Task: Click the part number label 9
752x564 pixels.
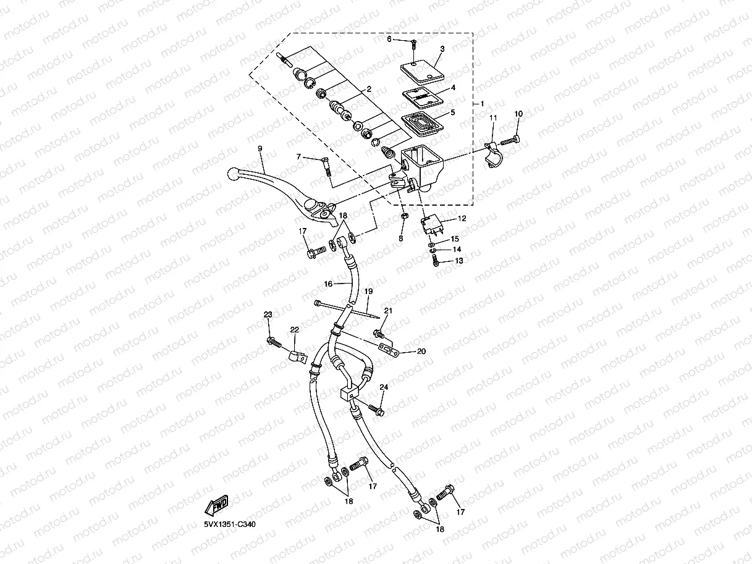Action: (x=260, y=149)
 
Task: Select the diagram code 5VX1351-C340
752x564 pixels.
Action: (x=230, y=524)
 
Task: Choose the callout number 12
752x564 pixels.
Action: (x=462, y=219)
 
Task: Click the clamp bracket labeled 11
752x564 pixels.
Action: (x=495, y=156)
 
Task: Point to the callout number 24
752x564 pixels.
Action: (x=384, y=387)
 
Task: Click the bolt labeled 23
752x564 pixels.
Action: (x=273, y=341)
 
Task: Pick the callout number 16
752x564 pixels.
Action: (x=329, y=284)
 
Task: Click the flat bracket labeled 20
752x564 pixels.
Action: (x=387, y=350)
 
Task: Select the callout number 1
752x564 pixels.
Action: (x=483, y=104)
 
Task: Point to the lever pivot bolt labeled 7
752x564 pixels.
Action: (x=325, y=166)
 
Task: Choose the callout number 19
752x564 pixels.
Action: (x=368, y=290)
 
